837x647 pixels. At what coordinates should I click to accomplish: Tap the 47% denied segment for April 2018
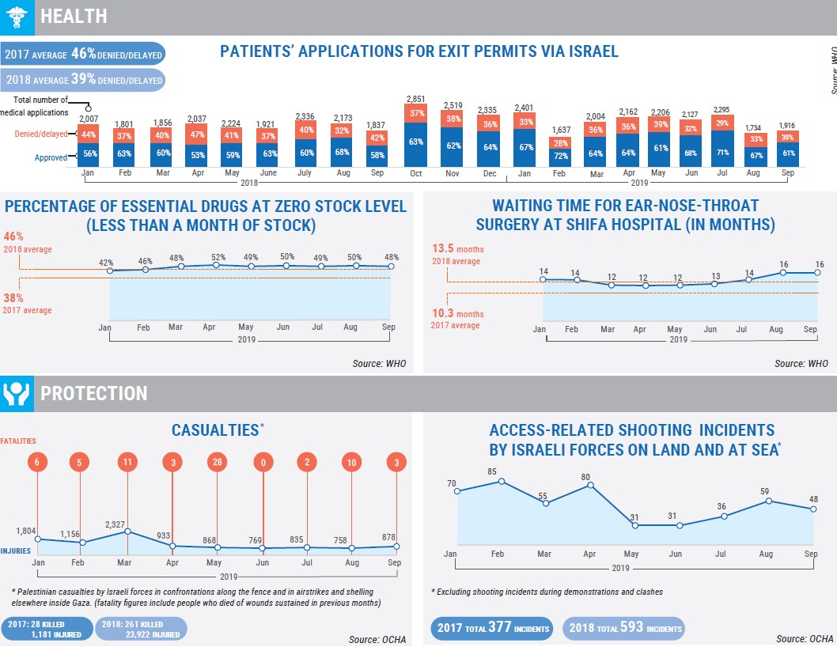tap(196, 134)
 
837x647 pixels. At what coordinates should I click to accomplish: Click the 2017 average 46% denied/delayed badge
tap(83, 55)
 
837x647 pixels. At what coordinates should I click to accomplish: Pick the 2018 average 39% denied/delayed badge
tap(83, 80)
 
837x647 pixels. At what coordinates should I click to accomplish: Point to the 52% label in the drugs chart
tap(218, 257)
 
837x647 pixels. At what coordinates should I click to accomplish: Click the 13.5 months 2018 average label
tap(456, 255)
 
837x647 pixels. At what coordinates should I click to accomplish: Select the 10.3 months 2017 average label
tap(456, 320)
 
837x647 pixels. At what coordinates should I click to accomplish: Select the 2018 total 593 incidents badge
tap(623, 630)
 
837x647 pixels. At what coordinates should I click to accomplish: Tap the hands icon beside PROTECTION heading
tap(17, 393)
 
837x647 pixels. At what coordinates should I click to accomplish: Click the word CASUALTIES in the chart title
tap(214, 429)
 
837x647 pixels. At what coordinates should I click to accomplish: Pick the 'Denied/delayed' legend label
tap(40, 134)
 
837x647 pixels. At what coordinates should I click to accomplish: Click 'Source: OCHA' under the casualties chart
tap(377, 638)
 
